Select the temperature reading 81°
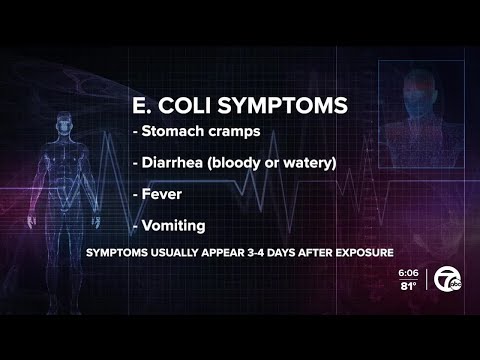pos(409,285)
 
